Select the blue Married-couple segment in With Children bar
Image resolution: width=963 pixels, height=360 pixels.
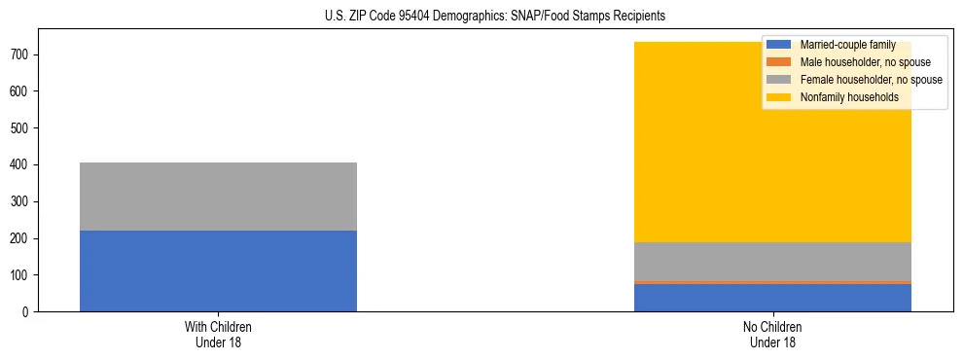(218, 270)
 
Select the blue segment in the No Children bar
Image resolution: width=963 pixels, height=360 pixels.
(772, 298)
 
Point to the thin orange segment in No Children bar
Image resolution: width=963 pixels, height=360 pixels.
(772, 282)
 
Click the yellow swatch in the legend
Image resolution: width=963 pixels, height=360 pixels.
(779, 97)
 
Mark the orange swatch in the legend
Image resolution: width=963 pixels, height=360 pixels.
(779, 62)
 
